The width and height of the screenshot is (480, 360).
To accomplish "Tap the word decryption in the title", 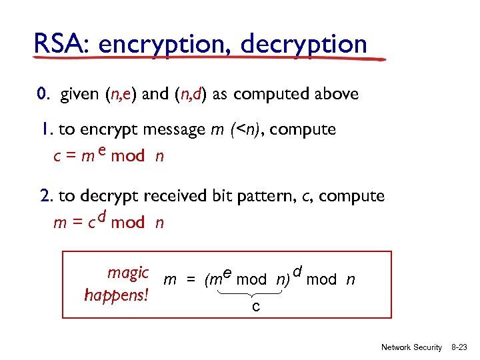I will (304, 45).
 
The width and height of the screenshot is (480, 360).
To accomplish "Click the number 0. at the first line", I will (44, 94).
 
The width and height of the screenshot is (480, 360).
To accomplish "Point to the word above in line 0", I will (336, 94).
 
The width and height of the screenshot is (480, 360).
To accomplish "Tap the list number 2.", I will (47, 196).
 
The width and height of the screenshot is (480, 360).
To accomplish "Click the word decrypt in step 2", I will (107, 197).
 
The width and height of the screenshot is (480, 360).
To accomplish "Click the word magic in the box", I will (127, 273).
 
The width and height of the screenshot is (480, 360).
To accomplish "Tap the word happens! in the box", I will (117, 295).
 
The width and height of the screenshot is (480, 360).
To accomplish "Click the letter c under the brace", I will (256, 307).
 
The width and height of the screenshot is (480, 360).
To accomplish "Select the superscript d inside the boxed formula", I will (298, 271).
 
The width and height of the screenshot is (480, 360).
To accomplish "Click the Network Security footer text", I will (411, 347).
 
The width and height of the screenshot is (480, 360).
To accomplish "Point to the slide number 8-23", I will (461, 347).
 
